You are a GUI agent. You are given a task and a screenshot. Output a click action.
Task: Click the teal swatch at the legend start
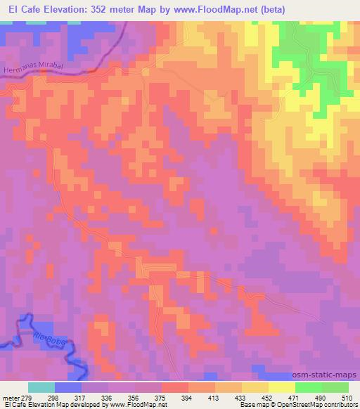click(41, 387)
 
